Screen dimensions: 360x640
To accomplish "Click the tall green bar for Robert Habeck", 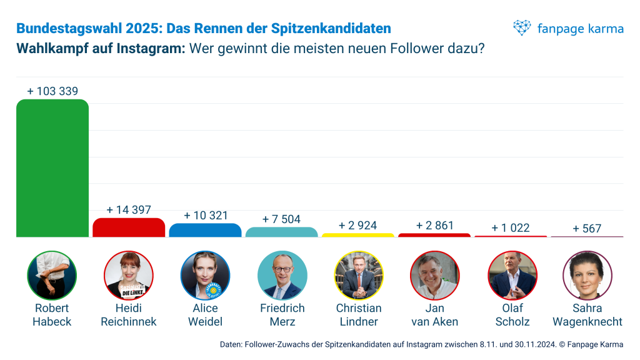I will click(x=52, y=169).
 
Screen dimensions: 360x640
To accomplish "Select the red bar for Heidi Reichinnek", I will click(x=129, y=227).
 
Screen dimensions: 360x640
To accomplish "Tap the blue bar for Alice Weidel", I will click(x=205, y=230).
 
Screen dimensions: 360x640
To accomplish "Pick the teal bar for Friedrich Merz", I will click(x=281, y=232).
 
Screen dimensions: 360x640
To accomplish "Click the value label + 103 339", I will click(x=52, y=91).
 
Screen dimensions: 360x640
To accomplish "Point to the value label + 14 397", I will click(x=129, y=210).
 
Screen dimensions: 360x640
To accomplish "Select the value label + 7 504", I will click(x=281, y=219).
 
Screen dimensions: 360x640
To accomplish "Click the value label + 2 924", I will click(x=357, y=226).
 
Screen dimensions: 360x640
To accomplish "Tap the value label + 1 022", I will click(x=511, y=228).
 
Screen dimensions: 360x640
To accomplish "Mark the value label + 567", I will click(x=587, y=229).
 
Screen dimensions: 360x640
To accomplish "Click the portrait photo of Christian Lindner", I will click(x=358, y=276).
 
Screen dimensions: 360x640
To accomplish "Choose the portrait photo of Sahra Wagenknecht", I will click(x=587, y=276).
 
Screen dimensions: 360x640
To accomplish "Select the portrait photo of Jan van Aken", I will click(x=434, y=276).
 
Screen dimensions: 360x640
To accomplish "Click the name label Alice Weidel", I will click(x=205, y=315).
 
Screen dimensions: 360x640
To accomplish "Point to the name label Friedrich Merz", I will click(x=282, y=315).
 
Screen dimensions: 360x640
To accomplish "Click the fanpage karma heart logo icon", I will click(x=522, y=28).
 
